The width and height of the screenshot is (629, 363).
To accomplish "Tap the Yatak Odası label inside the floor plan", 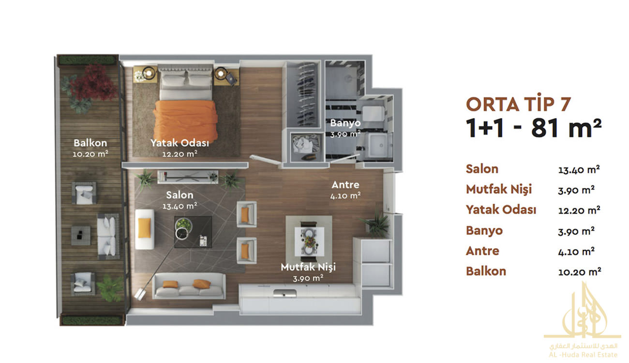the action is click(180, 143).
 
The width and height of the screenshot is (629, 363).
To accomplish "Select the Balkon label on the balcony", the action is click(90, 143).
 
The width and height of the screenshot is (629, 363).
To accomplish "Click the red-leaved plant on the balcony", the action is click(93, 83).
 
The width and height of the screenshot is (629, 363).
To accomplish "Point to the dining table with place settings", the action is click(309, 241).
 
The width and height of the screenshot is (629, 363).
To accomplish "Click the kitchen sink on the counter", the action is click(285, 293).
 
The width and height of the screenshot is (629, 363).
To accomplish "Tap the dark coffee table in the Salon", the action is click(193, 232).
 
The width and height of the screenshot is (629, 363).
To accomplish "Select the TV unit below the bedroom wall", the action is click(188, 177).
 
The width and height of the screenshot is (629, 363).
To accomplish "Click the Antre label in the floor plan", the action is click(345, 184).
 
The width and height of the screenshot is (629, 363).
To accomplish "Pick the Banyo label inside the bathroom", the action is click(345, 123).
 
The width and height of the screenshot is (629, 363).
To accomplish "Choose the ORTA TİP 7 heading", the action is click(518, 104).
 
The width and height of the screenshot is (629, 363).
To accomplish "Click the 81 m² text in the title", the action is click(566, 128).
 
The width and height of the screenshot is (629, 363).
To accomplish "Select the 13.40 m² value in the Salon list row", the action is click(579, 170).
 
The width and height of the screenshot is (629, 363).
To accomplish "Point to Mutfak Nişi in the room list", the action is click(499, 189).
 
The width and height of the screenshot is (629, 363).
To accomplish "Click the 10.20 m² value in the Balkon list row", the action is click(579, 272).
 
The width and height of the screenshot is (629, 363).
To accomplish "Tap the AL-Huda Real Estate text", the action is click(583, 355).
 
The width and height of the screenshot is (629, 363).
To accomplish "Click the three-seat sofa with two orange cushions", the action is click(189, 286).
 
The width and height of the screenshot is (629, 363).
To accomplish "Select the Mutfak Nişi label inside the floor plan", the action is click(308, 267).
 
